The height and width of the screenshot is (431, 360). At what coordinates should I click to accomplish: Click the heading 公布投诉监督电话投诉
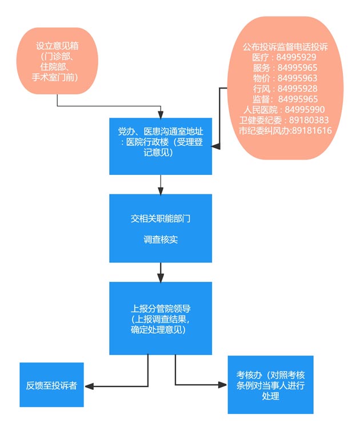[x=285, y=47]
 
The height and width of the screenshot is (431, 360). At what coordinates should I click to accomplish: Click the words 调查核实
[x=161, y=240]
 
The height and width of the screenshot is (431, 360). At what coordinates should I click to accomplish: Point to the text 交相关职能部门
[x=161, y=218]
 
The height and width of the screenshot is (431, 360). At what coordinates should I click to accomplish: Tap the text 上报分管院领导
[x=161, y=309]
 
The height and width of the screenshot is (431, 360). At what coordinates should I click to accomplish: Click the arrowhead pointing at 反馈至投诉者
[x=89, y=385]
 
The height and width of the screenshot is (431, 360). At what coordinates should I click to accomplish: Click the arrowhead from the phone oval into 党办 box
[x=216, y=147]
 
